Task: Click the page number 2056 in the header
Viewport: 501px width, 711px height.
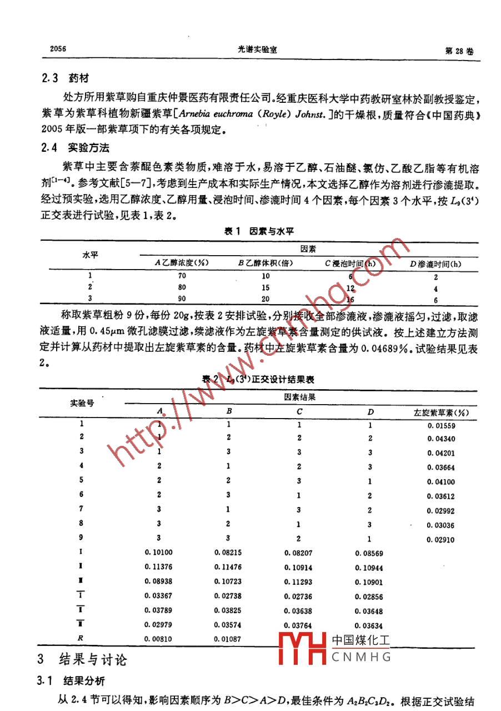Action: [54, 49]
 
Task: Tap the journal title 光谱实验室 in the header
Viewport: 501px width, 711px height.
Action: [257, 49]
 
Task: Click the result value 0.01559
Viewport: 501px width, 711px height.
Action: [442, 426]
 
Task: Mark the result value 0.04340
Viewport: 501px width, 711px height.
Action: [442, 439]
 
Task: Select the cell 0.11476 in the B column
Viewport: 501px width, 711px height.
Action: [228, 568]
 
